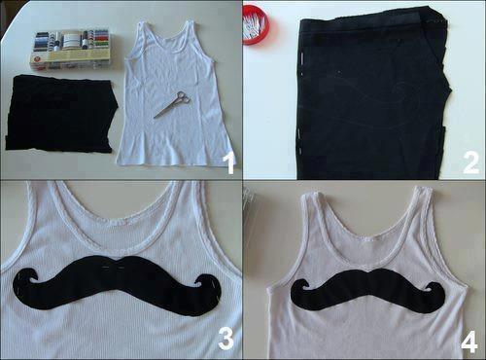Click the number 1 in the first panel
pos(229,163)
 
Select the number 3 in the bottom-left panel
pos(226,338)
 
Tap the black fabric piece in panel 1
pos(61,115)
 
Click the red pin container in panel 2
pos(256,22)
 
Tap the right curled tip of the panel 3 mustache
pos(206,286)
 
